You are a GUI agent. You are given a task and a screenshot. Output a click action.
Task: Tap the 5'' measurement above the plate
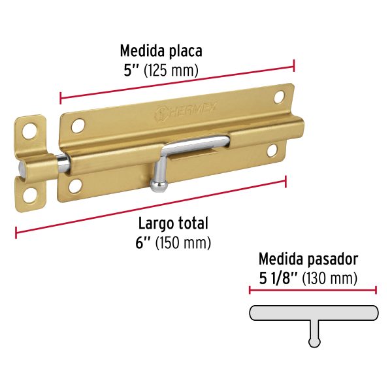(x=129, y=69)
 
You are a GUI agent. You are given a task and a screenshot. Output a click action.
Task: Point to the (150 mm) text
(x=186, y=243)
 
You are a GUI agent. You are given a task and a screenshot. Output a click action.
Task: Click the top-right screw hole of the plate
(x=279, y=97)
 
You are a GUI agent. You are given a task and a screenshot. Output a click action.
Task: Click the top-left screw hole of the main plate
(x=78, y=123)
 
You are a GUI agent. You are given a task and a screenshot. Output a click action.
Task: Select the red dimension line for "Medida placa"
(x=176, y=82)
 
